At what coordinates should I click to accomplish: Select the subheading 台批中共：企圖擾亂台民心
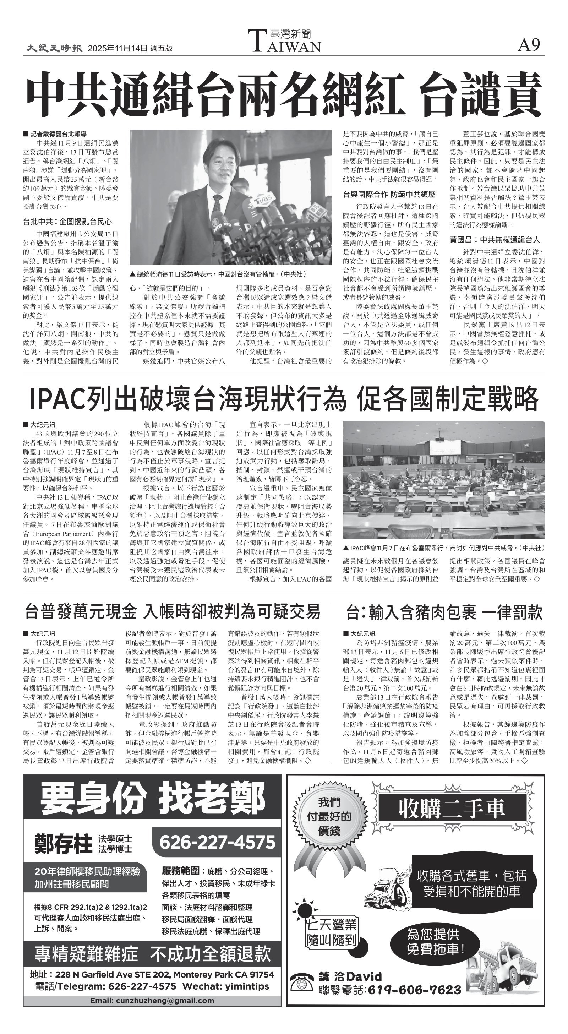tap(67, 222)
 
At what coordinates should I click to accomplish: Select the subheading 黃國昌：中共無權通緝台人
tap(495, 240)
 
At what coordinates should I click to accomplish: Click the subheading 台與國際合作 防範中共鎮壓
tap(389, 195)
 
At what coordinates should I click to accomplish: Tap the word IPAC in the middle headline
tap(58, 399)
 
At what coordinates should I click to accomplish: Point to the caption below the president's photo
tap(218, 274)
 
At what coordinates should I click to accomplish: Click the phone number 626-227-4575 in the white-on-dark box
tap(217, 842)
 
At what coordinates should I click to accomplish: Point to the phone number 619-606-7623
tap(414, 990)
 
